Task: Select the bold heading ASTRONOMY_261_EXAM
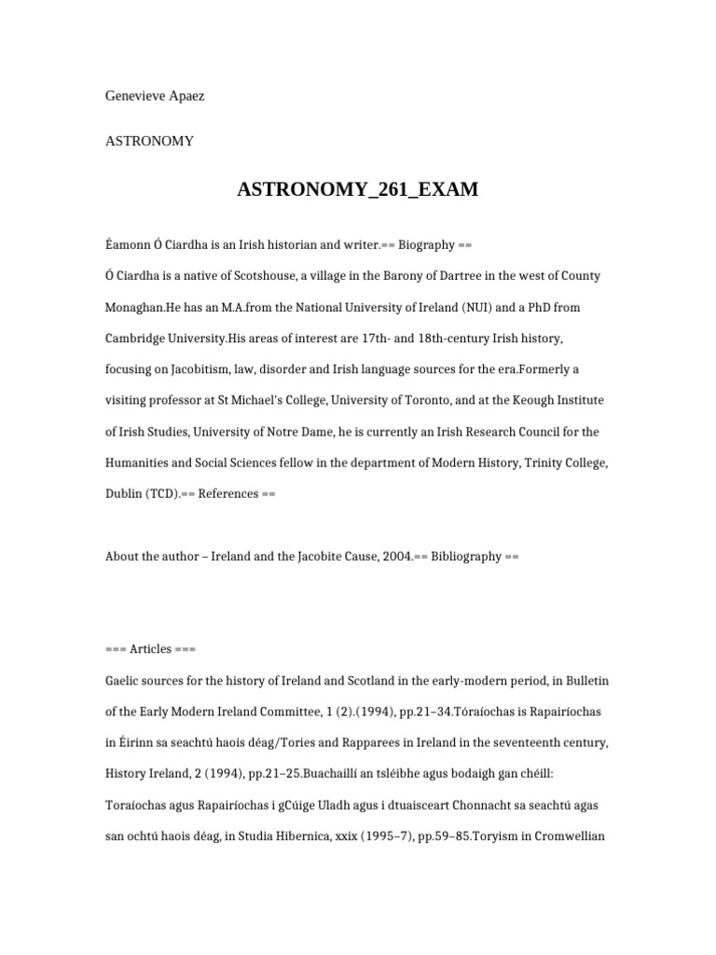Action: coord(358,190)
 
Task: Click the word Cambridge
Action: coord(137,339)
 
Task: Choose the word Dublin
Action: coord(126,493)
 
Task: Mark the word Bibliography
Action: coord(466,557)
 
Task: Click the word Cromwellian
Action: coord(558,836)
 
